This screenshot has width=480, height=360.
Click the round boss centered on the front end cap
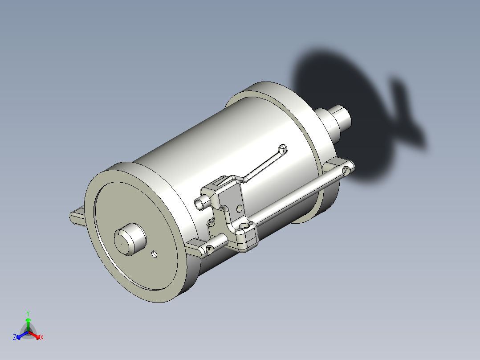(x=130, y=239)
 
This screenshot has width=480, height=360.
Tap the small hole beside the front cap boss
(x=155, y=254)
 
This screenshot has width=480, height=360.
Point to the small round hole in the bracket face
(x=239, y=208)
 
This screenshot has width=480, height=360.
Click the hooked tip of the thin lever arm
(x=282, y=148)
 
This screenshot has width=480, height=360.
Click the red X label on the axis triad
(x=42, y=338)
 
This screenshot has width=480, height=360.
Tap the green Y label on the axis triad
(x=28, y=313)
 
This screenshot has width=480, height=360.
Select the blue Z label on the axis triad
(x=15, y=337)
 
